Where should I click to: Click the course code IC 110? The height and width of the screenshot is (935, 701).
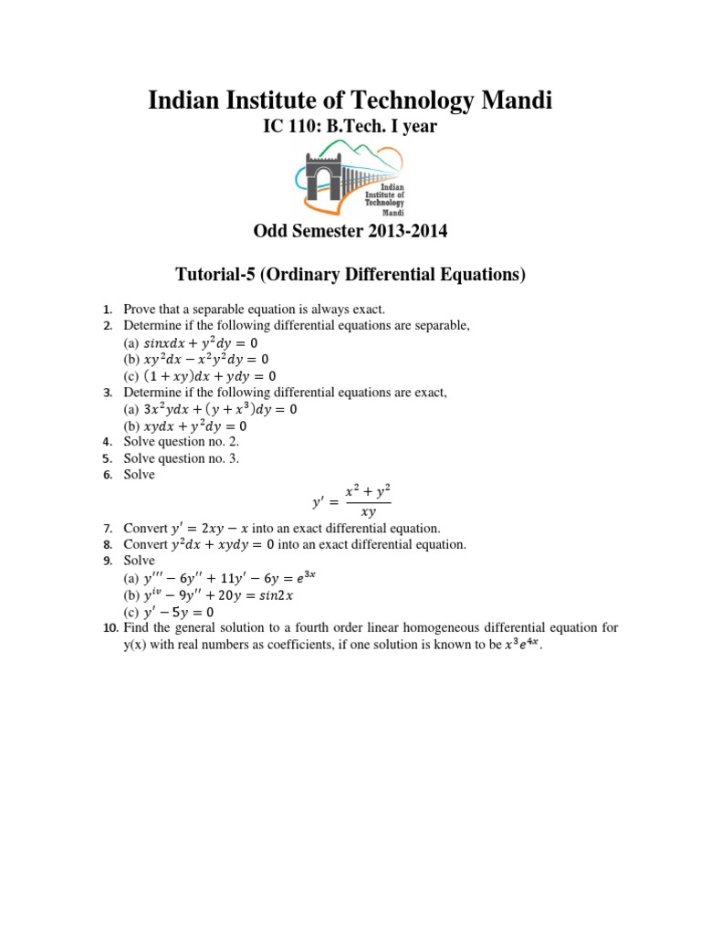click(294, 126)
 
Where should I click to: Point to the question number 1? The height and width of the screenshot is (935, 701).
click(107, 310)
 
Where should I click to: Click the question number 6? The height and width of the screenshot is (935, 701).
click(107, 475)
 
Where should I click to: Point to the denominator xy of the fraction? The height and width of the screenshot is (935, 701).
click(369, 512)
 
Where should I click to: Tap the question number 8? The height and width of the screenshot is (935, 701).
click(107, 544)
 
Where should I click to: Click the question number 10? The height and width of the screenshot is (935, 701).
click(105, 627)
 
